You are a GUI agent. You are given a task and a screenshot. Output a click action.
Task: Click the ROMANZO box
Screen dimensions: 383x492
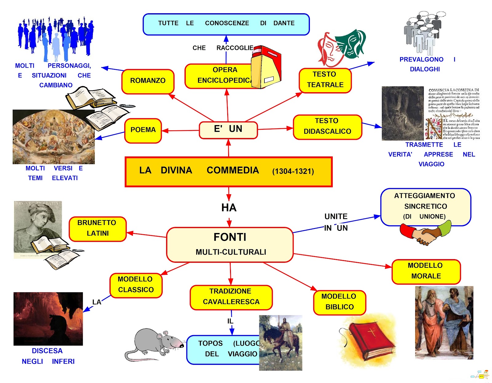pyautogui.click(x=148, y=81)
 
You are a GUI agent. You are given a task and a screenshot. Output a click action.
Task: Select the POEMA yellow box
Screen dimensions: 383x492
pyautogui.click(x=143, y=130)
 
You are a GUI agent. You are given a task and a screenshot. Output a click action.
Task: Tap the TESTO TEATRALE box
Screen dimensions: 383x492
pyautogui.click(x=325, y=80)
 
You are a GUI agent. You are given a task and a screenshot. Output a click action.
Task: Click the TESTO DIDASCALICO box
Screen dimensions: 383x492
pyautogui.click(x=327, y=126)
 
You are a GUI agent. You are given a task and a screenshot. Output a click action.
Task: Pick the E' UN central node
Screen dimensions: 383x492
pyautogui.click(x=228, y=129)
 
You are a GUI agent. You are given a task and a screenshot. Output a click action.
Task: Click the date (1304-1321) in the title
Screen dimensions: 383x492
pyautogui.click(x=293, y=172)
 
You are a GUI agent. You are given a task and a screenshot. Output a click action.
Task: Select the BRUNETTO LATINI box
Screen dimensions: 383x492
pyautogui.click(x=97, y=228)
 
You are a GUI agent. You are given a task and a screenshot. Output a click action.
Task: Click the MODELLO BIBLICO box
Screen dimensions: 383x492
pyautogui.click(x=339, y=302)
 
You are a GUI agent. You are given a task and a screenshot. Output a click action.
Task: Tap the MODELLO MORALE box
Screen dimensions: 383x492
pyautogui.click(x=426, y=271)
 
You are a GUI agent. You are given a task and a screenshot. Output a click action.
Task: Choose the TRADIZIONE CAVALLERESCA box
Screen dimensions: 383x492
pyautogui.click(x=231, y=297)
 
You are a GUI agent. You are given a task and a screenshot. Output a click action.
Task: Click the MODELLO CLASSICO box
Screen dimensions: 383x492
pyautogui.click(x=136, y=285)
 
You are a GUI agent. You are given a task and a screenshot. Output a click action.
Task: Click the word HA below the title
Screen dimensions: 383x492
pyautogui.click(x=229, y=208)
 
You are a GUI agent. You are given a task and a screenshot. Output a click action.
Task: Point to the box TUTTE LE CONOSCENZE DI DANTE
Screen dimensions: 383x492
pyautogui.click(x=226, y=24)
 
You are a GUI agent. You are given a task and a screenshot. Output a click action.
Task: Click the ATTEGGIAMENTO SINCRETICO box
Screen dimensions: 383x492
pyautogui.click(x=425, y=206)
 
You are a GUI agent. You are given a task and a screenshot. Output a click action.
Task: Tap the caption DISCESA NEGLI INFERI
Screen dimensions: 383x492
pyautogui.click(x=48, y=356)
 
